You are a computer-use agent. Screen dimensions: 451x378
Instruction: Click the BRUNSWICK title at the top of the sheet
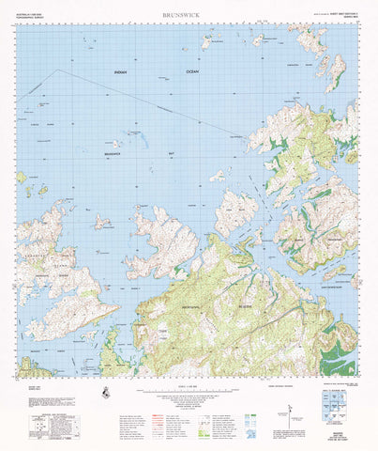point(181,15)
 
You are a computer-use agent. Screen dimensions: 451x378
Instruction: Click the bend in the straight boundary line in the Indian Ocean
point(57,70)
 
